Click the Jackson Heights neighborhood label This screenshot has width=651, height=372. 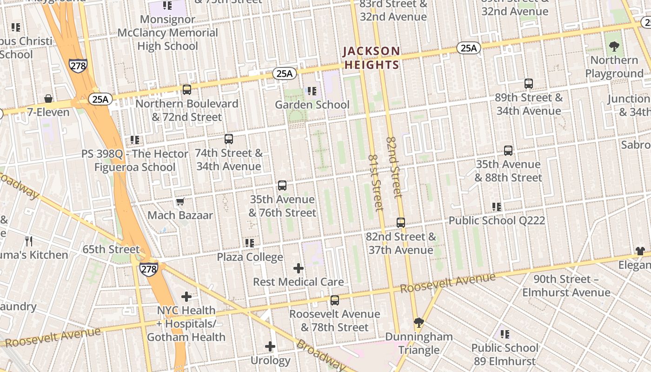pyautogui.click(x=372, y=58)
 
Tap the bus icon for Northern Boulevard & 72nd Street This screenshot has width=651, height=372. pyautogui.click(x=187, y=90)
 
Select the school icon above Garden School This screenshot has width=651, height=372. pyautogui.click(x=312, y=91)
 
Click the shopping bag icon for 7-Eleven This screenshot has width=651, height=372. pyautogui.click(x=48, y=99)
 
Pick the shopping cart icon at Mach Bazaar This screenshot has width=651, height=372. pyautogui.click(x=180, y=201)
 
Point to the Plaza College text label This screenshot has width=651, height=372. pyautogui.click(x=250, y=257)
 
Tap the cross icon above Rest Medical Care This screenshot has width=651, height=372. pyautogui.click(x=299, y=268)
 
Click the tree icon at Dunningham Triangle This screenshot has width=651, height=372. pyautogui.click(x=419, y=322)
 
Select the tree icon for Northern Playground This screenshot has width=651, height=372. pyautogui.click(x=614, y=46)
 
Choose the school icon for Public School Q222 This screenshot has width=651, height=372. pyautogui.click(x=497, y=206)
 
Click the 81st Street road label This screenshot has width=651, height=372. pyautogui.click(x=375, y=183)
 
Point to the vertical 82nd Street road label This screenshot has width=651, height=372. pyautogui.click(x=393, y=167)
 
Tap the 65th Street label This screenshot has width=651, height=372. pyautogui.click(x=111, y=249)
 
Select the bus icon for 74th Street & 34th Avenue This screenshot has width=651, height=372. pyautogui.click(x=229, y=139)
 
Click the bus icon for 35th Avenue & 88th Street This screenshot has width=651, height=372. pyautogui.click(x=508, y=151)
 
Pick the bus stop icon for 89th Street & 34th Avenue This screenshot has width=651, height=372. pyautogui.click(x=529, y=84)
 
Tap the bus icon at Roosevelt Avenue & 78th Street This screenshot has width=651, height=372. pyautogui.click(x=335, y=300)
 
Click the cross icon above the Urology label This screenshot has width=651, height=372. pyautogui.click(x=270, y=346)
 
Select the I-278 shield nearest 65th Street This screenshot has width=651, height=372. pyautogui.click(x=148, y=269)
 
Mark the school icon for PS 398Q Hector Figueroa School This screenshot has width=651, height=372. pyautogui.click(x=135, y=139)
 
